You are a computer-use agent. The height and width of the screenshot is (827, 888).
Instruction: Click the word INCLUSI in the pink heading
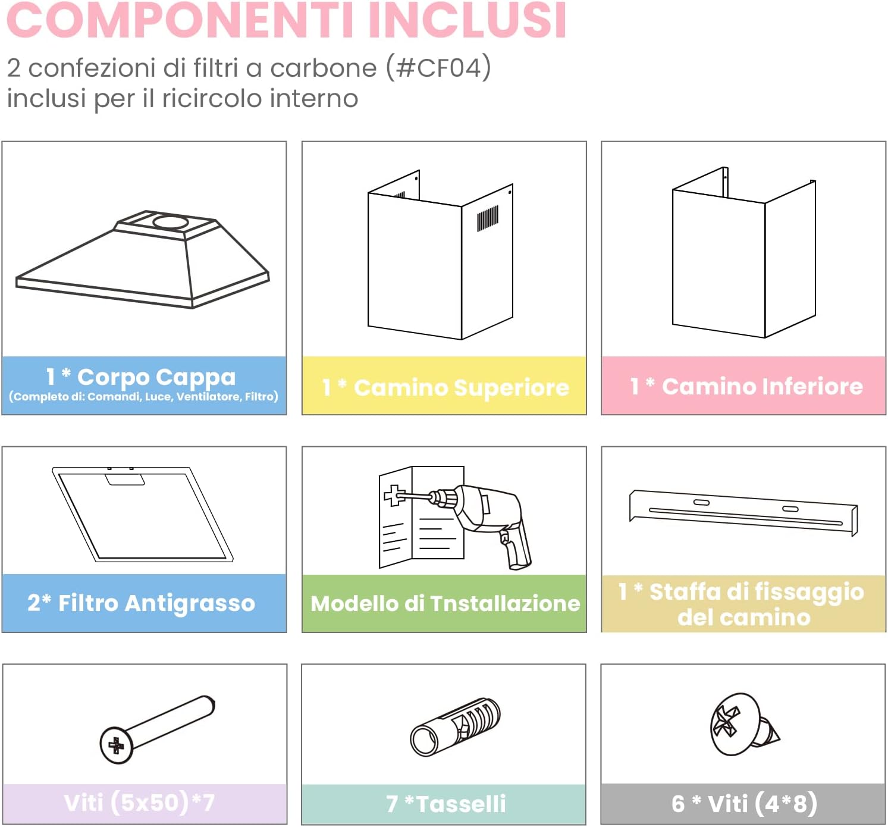467,20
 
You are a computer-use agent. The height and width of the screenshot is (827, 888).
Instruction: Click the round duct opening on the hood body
170,223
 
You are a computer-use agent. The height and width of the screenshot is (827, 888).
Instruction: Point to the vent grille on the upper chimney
487,218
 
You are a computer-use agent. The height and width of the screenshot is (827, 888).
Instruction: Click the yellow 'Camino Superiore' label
445,387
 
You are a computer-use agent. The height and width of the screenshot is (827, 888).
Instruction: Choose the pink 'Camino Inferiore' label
746,386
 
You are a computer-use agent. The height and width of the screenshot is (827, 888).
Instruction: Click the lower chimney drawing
743,256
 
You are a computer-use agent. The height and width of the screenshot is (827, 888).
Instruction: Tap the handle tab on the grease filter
125,479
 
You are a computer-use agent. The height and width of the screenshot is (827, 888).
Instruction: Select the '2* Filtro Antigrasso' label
142,603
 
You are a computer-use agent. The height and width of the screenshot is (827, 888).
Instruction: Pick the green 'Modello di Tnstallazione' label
445,603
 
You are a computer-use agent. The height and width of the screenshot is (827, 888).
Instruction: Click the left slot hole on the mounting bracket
701,503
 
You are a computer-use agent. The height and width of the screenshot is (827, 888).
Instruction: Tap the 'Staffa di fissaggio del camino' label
742,604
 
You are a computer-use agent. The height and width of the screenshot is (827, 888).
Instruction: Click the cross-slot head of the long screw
116,745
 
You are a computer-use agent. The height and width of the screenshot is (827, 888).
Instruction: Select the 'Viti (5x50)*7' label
139,803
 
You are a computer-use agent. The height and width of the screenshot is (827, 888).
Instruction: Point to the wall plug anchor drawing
455,726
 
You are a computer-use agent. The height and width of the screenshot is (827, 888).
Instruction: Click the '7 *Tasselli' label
445,804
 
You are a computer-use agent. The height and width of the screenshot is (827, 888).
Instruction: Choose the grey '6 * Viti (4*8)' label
743,804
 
